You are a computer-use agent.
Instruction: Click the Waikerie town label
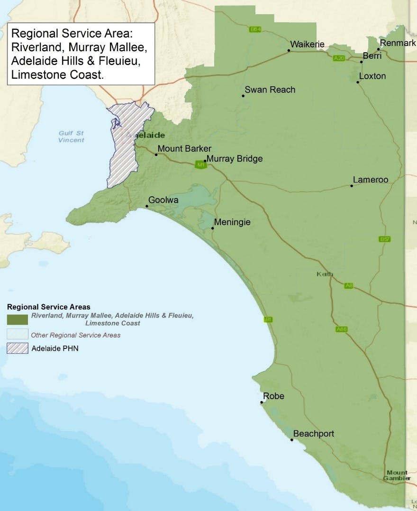(307, 45)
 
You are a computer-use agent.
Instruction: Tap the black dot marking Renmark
(379, 49)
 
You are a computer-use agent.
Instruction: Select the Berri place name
(372, 56)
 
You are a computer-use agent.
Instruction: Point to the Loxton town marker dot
(358, 82)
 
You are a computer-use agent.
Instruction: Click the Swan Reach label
(270, 90)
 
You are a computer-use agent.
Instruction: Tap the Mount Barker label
(184, 149)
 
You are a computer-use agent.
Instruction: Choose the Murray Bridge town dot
(205, 161)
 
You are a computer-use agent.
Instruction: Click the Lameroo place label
(371, 180)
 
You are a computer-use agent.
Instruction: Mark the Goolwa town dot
(147, 206)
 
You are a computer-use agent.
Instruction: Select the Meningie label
(232, 222)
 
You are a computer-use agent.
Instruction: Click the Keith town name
(325, 274)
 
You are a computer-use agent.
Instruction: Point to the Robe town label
(273, 396)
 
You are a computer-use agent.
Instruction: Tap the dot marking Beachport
(292, 440)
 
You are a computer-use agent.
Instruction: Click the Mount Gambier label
(397, 475)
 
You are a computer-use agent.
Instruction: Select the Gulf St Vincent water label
(72, 137)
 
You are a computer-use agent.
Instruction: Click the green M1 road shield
(200, 164)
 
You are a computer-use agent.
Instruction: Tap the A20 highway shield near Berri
(338, 58)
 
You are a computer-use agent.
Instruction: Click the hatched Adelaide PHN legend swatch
(18, 348)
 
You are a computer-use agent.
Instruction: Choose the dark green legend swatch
(18, 319)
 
